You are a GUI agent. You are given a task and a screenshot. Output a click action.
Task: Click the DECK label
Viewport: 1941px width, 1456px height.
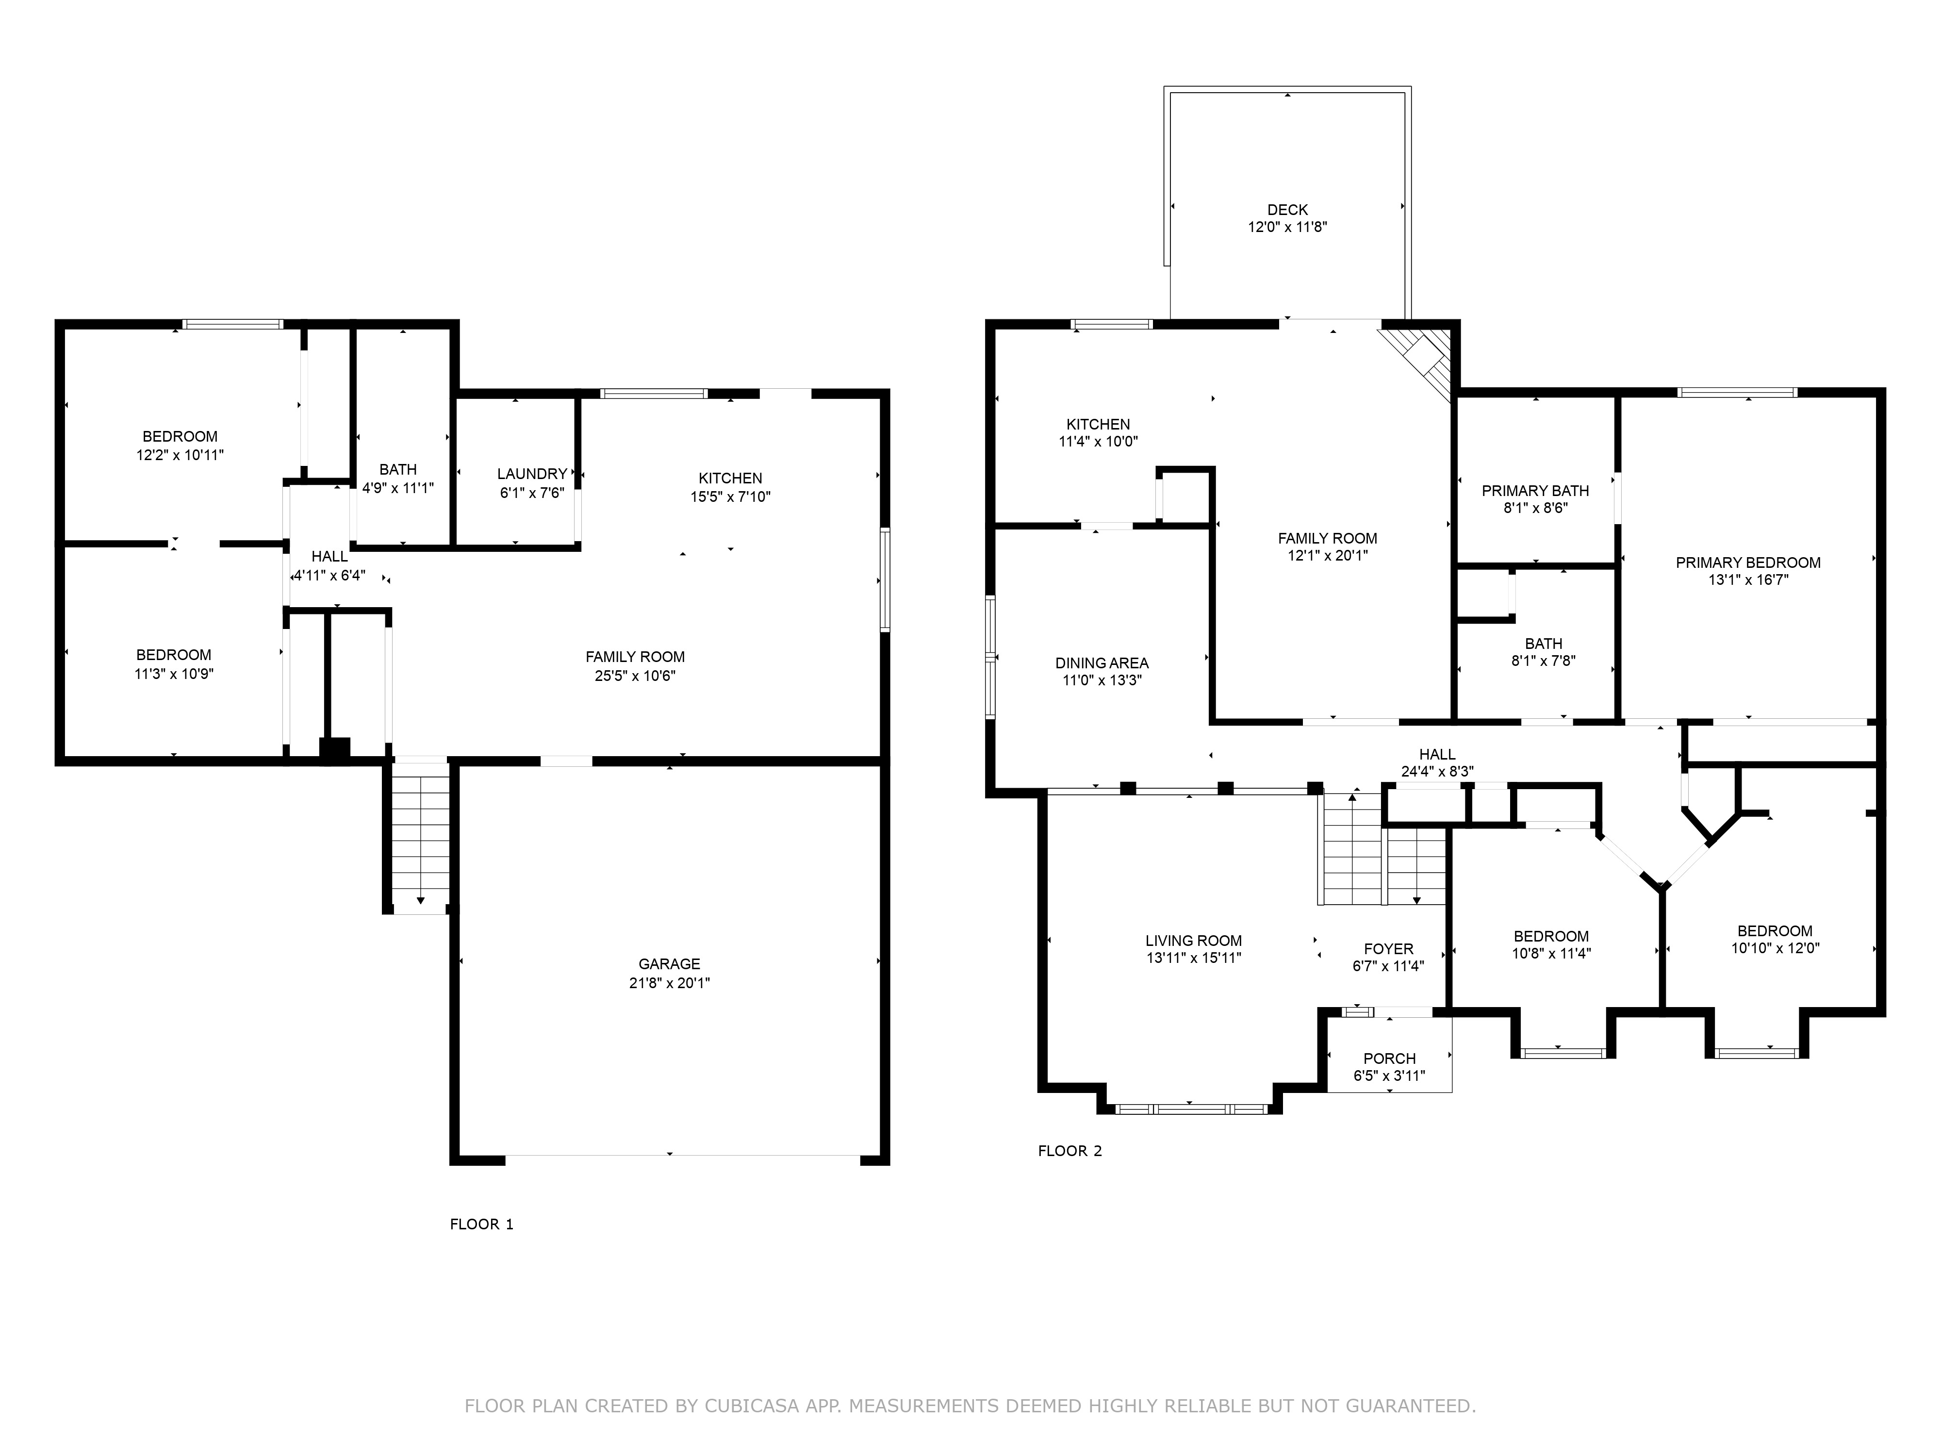(x=1287, y=210)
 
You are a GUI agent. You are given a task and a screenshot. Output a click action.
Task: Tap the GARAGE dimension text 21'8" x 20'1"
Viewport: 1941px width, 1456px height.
(x=670, y=983)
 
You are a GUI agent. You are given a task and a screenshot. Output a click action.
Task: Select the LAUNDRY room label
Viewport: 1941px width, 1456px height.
(x=532, y=474)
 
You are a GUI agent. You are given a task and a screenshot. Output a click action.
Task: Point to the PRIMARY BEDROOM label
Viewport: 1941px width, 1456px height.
(x=1748, y=563)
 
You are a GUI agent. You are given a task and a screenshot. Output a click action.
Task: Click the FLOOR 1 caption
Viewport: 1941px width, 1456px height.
(x=482, y=1224)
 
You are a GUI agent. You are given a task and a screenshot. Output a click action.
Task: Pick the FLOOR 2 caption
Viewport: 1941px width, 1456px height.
(x=1069, y=1151)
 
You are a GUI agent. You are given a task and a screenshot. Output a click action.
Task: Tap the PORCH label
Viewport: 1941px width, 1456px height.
(x=1390, y=1059)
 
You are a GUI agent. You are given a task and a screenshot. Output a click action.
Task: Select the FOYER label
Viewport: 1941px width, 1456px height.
(x=1388, y=949)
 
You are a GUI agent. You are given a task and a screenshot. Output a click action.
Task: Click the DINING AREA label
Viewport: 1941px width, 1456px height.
(x=1102, y=663)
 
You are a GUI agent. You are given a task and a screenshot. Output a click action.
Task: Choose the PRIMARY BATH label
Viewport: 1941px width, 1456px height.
(x=1536, y=491)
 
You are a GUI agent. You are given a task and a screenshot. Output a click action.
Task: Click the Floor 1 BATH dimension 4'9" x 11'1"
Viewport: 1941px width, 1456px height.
(x=398, y=488)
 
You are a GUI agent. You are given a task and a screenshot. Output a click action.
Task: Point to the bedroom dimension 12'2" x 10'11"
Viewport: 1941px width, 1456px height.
(x=180, y=455)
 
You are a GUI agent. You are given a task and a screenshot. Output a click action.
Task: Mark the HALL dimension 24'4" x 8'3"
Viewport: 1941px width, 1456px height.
(x=1437, y=772)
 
